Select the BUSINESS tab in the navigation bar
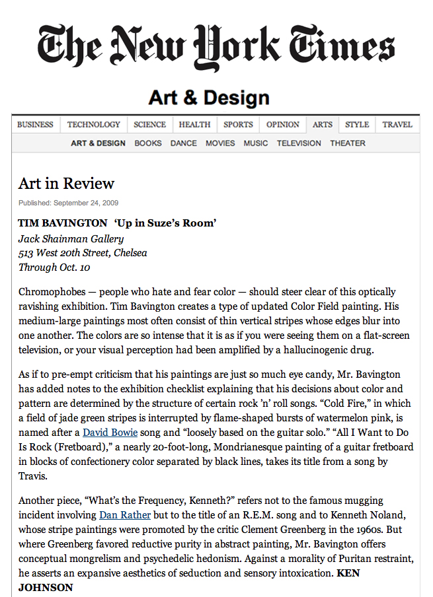(36, 125)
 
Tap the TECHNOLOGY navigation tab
(94, 125)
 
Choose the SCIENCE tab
(150, 125)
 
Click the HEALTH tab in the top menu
(194, 125)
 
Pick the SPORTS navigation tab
(238, 125)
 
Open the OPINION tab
(283, 125)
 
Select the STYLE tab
(357, 125)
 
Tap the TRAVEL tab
(397, 125)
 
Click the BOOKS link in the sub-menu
(148, 143)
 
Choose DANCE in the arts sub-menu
(184, 143)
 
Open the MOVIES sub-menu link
(220, 143)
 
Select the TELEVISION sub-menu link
(299, 143)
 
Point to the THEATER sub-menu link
(348, 143)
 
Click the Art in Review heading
(66, 184)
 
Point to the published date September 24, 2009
(69, 203)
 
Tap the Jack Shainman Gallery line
(71, 238)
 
